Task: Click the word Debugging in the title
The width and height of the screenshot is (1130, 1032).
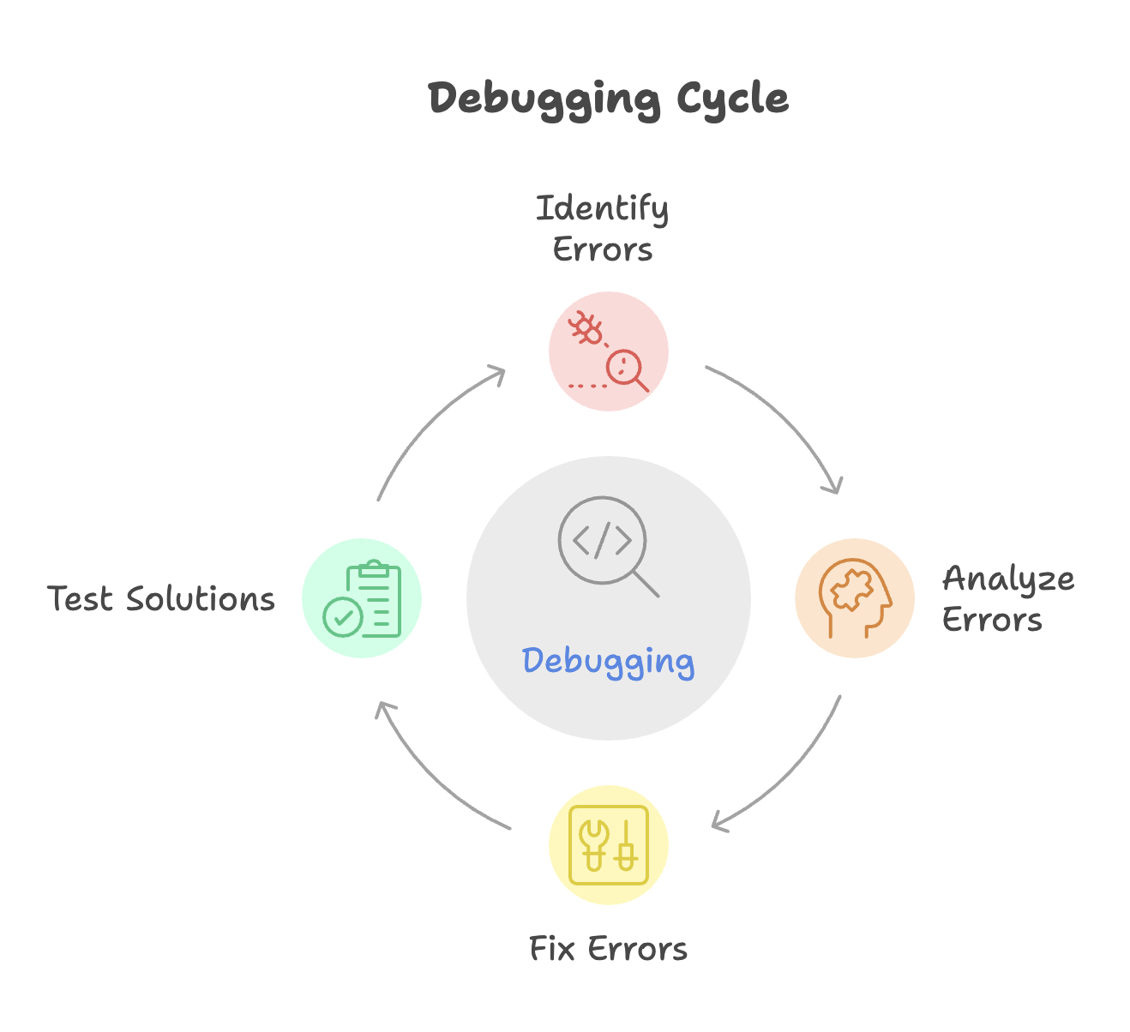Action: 544,99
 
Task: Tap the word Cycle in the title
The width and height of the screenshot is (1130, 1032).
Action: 732,99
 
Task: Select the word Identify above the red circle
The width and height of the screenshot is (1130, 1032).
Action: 602,209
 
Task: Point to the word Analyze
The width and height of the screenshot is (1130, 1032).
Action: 1008,579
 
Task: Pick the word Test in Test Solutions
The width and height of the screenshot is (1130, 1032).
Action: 80,598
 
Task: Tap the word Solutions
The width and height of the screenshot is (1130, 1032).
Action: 201,598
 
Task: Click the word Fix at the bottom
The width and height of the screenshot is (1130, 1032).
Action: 551,949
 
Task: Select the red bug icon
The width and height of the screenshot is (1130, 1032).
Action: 586,327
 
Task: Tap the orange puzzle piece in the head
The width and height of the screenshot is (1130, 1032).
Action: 851,590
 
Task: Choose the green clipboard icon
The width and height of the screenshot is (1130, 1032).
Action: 374,598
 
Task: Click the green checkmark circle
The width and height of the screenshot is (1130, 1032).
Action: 342,618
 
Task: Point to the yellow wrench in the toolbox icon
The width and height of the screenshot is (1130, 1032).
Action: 594,845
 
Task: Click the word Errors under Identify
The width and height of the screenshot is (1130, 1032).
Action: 603,249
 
